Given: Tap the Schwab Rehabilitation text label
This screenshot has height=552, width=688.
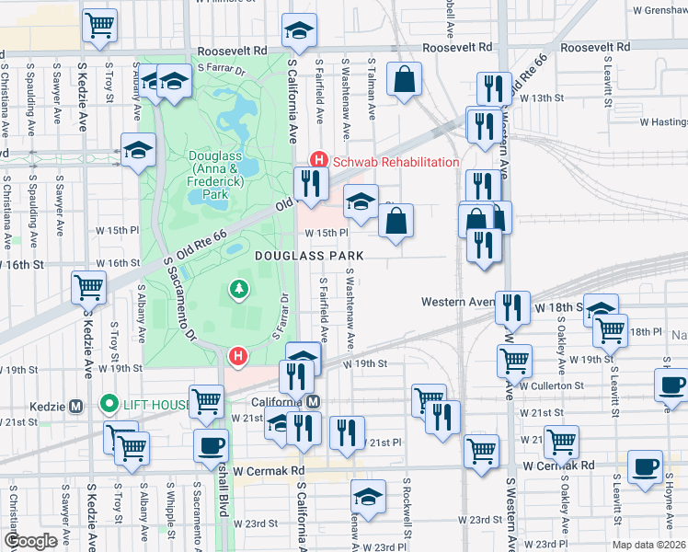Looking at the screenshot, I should point(396,162).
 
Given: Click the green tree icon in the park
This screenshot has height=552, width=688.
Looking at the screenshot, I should point(239,290).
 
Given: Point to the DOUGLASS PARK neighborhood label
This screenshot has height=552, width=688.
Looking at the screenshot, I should point(309,255).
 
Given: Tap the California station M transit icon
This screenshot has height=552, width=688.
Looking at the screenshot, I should point(314,402).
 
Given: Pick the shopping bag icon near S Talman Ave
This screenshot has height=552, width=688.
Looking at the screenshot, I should point(404,79).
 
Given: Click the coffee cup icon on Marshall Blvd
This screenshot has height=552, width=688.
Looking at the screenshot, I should point(212,445).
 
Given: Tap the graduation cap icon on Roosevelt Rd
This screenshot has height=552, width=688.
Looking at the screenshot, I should point(298,33).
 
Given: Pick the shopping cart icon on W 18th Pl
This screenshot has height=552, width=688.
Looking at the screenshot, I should point(610,328).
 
